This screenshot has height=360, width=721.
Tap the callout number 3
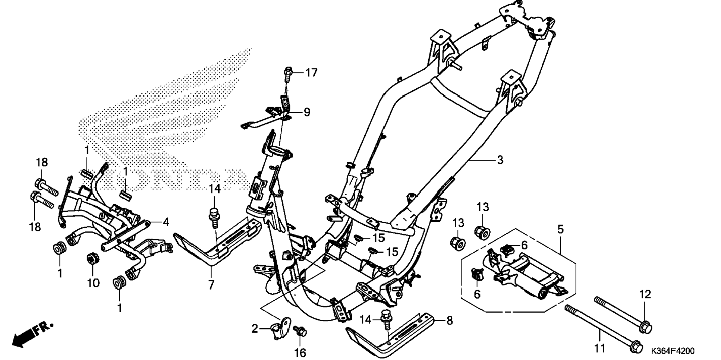(x=500, y=160)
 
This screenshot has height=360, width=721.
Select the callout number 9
(x=306, y=112)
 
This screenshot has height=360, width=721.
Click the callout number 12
(x=645, y=294)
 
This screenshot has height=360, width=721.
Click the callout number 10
(x=93, y=283)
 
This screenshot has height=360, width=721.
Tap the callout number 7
(x=211, y=285)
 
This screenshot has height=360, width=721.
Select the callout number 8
(x=450, y=320)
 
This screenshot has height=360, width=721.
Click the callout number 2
(x=255, y=329)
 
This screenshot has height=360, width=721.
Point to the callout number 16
(x=300, y=352)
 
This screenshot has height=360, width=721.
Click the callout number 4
(x=166, y=222)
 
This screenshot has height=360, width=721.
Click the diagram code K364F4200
(x=673, y=351)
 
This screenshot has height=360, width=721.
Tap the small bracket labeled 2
(x=281, y=326)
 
